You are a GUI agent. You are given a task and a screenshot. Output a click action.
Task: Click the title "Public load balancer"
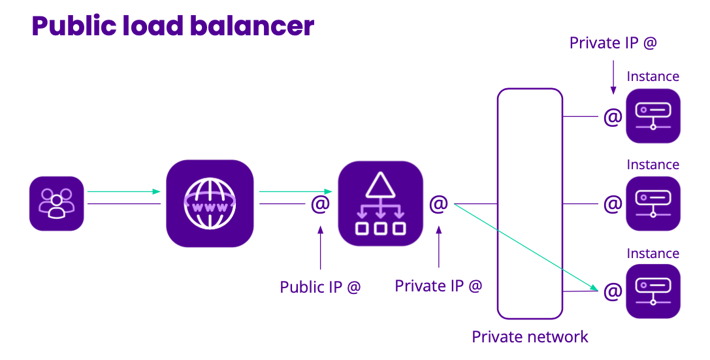point(173,26)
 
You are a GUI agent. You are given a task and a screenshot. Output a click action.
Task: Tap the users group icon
point(57,203)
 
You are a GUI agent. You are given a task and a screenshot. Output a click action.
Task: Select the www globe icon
point(210,203)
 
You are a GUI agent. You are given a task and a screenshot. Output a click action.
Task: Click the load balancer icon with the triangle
point(380,203)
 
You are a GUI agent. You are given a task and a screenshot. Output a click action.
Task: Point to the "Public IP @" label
point(320,287)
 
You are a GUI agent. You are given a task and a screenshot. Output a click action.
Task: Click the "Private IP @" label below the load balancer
point(438,286)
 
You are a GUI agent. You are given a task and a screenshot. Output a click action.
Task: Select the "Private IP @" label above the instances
point(613,43)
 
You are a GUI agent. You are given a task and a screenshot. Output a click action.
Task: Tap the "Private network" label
point(530,337)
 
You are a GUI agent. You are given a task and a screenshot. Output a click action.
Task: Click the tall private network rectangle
point(530,203)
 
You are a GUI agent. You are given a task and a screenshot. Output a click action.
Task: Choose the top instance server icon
point(653,116)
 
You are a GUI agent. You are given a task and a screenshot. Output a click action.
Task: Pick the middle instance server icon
point(653,204)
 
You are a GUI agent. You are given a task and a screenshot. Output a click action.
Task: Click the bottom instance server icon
point(653,291)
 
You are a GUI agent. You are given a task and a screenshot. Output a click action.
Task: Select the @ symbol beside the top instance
point(613,117)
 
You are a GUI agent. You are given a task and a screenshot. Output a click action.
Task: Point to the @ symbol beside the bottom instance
point(613,291)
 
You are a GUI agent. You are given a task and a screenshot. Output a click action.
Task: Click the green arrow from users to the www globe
point(124,191)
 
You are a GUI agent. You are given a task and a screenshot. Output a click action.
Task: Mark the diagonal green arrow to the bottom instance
point(526,246)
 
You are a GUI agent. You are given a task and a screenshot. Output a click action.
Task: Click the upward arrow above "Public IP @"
point(320,248)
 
